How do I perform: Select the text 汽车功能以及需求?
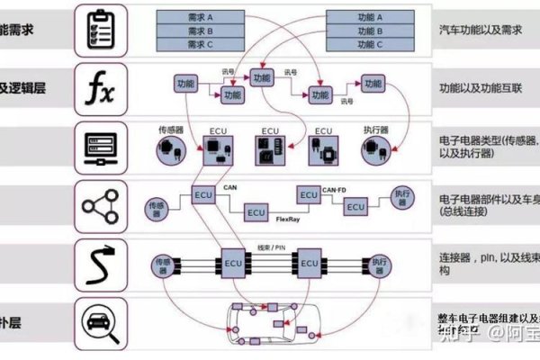(x=480, y=30)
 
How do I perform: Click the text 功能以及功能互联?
(x=480, y=89)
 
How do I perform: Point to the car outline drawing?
(x=269, y=325)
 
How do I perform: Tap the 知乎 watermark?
(x=455, y=334)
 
